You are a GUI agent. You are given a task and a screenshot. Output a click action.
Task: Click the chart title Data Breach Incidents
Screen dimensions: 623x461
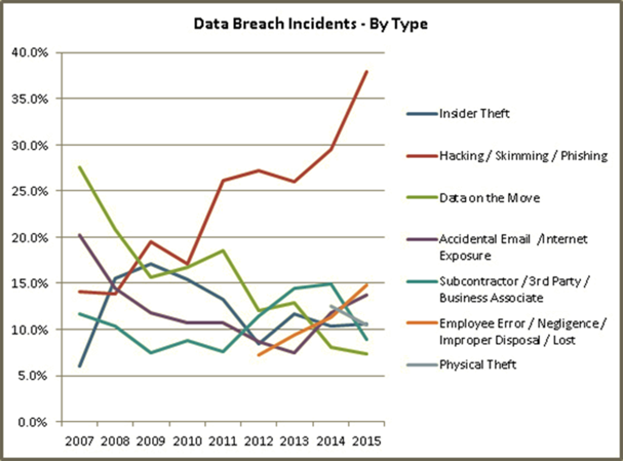click(x=275, y=24)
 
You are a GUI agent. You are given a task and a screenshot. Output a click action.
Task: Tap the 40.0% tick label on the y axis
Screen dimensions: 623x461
click(x=30, y=53)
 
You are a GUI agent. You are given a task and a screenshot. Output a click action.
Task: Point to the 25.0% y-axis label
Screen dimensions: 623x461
click(x=30, y=191)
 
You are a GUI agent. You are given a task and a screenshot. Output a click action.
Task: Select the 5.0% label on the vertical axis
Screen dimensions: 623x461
click(x=33, y=376)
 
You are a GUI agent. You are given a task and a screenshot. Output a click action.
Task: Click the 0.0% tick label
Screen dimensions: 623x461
click(x=33, y=422)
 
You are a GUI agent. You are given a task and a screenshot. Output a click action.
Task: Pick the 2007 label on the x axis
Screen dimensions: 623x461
click(x=80, y=441)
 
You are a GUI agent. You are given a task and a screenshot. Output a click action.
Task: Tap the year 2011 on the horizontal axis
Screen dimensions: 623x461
click(x=223, y=441)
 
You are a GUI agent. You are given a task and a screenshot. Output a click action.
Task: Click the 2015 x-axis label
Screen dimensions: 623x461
click(x=366, y=441)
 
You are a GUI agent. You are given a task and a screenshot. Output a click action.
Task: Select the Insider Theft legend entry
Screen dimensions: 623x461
click(x=475, y=114)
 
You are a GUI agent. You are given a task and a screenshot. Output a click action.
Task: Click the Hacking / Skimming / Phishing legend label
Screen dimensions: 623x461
click(x=523, y=156)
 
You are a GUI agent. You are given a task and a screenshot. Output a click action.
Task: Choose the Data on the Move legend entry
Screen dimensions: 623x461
click(x=490, y=198)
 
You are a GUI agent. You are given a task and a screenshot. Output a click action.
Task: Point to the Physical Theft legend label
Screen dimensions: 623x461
click(x=478, y=364)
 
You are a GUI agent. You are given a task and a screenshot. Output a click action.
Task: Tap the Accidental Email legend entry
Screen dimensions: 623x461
click(x=513, y=247)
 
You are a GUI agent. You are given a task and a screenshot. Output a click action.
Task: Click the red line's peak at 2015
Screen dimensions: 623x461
click(x=367, y=72)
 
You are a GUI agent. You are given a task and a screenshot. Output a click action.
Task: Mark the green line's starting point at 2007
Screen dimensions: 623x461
click(x=80, y=167)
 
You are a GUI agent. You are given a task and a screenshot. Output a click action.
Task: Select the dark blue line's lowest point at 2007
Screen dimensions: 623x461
click(x=80, y=366)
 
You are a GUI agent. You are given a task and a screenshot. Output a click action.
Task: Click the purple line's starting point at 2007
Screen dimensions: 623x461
click(x=80, y=235)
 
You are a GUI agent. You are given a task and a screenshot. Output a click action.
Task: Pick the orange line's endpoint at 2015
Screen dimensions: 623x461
click(x=367, y=285)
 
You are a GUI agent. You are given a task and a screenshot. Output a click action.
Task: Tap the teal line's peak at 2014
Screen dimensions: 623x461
click(x=330, y=284)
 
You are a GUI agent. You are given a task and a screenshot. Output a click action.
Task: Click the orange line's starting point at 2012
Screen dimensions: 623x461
click(x=259, y=355)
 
